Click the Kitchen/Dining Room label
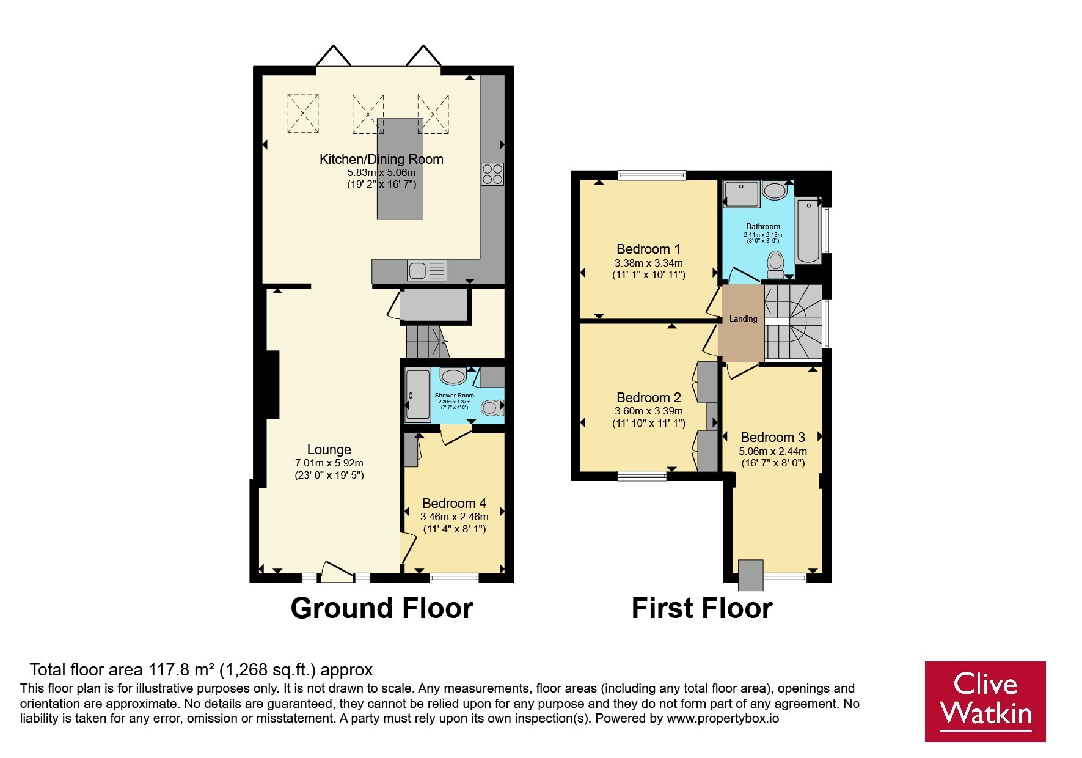pyautogui.click(x=381, y=160)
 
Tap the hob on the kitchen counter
pyautogui.click(x=492, y=174)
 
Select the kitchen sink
pyautogui.click(x=427, y=270)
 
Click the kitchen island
pyautogui.click(x=400, y=169)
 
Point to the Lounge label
pyautogui.click(x=329, y=450)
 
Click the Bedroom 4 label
pyautogui.click(x=454, y=503)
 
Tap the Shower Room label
pyautogui.click(x=454, y=396)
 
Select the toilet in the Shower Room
pyautogui.click(x=492, y=407)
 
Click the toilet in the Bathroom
pyautogui.click(x=776, y=265)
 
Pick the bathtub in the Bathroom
pyautogui.click(x=808, y=230)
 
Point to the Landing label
pyautogui.click(x=743, y=318)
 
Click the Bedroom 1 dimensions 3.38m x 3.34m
pyautogui.click(x=648, y=263)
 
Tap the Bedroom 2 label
pyautogui.click(x=648, y=397)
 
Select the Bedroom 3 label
pyautogui.click(x=773, y=437)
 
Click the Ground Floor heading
pyautogui.click(x=382, y=608)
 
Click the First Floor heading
pyautogui.click(x=702, y=608)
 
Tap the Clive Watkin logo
pyautogui.click(x=985, y=701)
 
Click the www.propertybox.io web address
pyautogui.click(x=723, y=719)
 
